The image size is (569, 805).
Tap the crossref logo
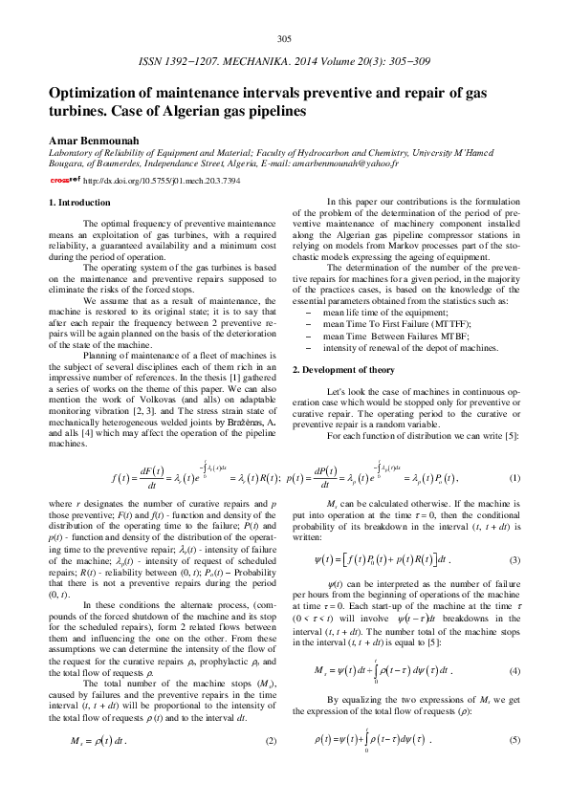click(x=65, y=179)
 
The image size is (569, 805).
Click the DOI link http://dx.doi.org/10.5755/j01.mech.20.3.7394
click(x=162, y=180)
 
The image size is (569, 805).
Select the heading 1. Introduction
click(x=79, y=203)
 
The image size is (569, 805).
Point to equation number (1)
click(x=514, y=477)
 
